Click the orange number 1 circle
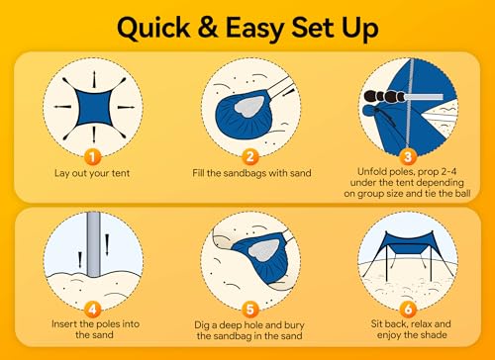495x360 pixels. point(91,156)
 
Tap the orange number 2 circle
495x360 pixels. point(250,156)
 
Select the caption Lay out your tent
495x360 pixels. point(91,173)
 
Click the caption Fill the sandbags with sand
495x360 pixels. point(249,173)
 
